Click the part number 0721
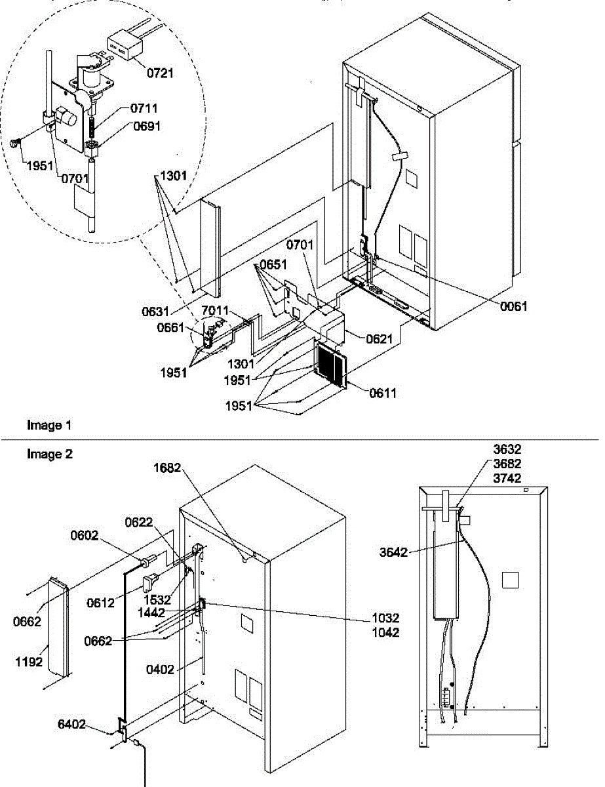pyautogui.click(x=159, y=73)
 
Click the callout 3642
pyautogui.click(x=393, y=553)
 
